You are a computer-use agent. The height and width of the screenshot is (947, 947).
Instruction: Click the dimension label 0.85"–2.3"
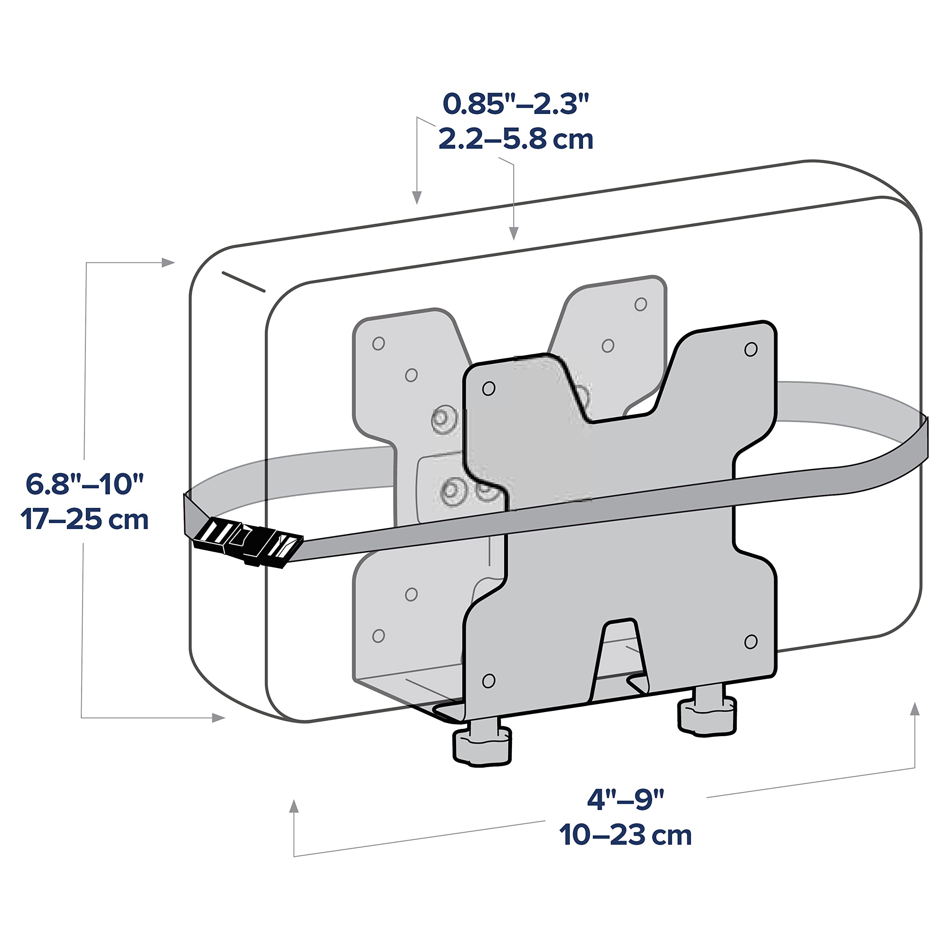515,104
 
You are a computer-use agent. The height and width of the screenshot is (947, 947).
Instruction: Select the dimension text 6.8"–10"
84,484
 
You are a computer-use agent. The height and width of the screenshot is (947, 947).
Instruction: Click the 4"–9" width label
626,799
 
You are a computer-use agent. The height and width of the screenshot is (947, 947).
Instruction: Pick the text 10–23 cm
626,835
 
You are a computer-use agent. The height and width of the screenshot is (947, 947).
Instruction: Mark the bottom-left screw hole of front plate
489,680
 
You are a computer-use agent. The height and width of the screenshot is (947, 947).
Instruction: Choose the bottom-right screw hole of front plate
751,641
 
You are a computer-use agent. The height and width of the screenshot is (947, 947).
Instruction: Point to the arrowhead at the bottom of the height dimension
219,718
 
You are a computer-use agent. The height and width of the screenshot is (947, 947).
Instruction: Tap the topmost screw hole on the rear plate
641,304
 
